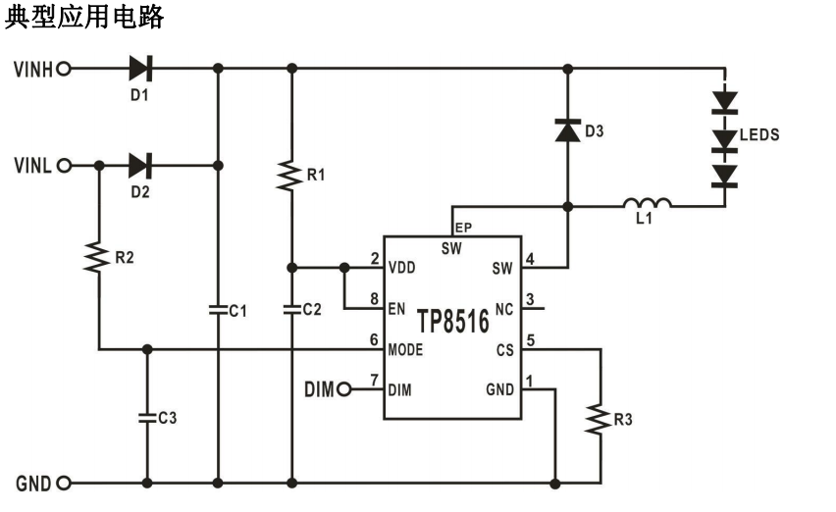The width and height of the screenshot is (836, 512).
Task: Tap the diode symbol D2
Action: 140,166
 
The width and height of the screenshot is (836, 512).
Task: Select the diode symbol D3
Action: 568,130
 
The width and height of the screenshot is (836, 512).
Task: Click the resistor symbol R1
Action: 291,176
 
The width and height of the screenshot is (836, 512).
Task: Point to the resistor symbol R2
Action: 98,257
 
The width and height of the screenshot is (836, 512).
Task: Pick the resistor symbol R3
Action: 601,419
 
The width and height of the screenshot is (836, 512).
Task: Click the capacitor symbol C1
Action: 218,310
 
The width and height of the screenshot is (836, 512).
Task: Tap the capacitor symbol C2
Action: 291,310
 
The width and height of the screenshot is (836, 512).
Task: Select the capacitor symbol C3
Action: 147,418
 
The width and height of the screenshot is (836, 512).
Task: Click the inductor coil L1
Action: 647,202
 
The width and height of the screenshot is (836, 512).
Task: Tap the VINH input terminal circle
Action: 64,69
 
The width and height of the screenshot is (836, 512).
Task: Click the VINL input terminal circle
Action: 64,166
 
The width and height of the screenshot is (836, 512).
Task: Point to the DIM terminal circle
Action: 344,389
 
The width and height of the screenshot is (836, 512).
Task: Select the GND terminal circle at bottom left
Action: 64,484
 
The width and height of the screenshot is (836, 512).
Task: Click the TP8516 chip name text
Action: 452,322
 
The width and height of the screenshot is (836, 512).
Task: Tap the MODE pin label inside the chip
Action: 405,350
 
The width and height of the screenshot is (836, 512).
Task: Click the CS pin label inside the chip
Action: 505,350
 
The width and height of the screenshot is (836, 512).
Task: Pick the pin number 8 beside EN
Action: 374,299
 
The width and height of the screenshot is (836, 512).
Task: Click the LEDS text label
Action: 759,134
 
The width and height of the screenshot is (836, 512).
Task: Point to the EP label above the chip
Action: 463,228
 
